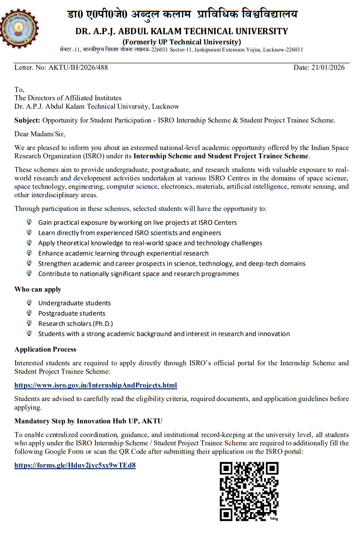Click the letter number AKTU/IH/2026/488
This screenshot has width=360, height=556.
61,67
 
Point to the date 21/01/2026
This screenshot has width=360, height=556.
319,67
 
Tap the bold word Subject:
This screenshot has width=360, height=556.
27,121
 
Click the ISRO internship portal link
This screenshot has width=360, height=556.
96,385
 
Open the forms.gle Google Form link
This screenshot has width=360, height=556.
75,465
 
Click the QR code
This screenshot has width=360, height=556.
249,492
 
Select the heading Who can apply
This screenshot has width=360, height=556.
38,290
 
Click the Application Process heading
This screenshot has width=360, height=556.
45,350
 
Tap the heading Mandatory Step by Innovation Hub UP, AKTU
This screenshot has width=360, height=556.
88,421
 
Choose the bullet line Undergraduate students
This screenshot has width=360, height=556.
74,303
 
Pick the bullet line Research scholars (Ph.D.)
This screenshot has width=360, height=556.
75,324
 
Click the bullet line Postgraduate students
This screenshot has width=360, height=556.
72,314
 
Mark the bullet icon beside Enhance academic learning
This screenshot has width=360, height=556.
29,253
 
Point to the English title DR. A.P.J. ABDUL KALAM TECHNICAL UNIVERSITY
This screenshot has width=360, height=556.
182,31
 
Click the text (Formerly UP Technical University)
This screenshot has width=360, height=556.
181,42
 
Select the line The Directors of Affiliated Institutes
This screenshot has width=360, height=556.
68,98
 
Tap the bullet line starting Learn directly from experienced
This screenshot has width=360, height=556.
129,233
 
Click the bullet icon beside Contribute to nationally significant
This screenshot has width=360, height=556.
29,273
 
